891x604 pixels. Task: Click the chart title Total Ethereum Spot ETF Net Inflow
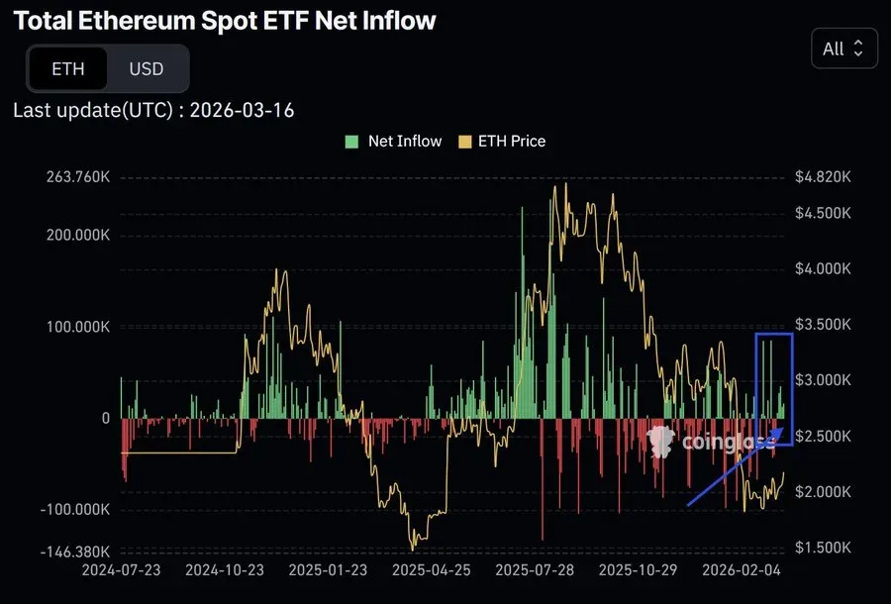(x=225, y=20)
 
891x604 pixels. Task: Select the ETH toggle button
(x=68, y=69)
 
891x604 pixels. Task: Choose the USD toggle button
(x=146, y=69)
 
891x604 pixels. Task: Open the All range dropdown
(x=843, y=48)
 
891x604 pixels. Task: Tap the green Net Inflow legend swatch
(x=351, y=142)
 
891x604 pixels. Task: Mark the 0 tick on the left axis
(x=105, y=418)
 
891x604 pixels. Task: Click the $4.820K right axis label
(x=823, y=178)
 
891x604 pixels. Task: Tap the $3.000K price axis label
(x=823, y=380)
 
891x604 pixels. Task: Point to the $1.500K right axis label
(x=823, y=548)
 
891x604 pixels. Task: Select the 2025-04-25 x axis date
(x=432, y=570)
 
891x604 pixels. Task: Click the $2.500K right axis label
(x=823, y=437)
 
